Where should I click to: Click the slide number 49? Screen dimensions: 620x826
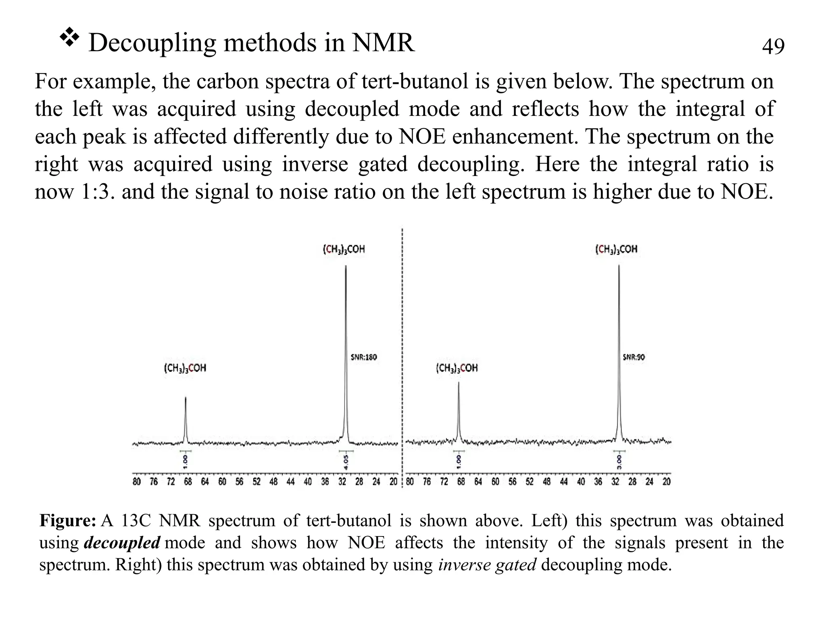773,46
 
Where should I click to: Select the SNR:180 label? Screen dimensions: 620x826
363,357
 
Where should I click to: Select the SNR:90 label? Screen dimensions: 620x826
634,357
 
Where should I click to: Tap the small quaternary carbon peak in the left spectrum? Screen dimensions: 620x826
186,420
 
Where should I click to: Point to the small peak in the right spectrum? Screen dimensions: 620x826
458,412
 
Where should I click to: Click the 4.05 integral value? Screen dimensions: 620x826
346,462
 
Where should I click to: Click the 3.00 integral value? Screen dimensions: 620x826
619,462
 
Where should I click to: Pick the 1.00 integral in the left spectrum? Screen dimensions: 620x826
186,462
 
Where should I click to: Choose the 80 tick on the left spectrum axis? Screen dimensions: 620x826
137,482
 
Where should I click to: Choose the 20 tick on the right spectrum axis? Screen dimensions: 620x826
667,482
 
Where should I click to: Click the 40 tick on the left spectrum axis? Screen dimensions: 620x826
308,482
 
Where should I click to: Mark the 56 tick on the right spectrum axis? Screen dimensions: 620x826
513,482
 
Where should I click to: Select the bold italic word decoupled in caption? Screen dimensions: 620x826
122,542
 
